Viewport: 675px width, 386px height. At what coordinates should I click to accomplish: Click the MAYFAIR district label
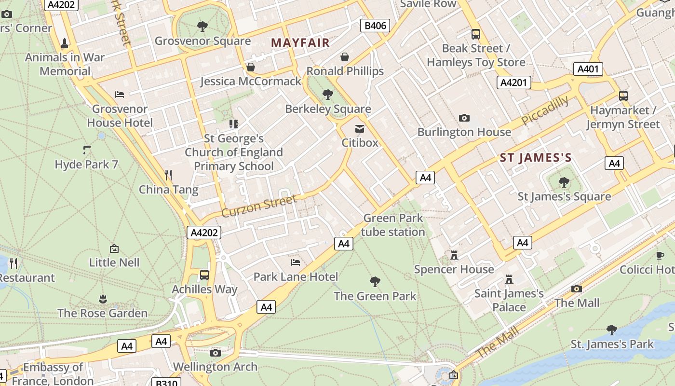(300, 42)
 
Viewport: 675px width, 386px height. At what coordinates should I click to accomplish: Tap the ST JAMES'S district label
(535, 158)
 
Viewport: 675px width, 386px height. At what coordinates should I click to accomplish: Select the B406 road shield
(375, 26)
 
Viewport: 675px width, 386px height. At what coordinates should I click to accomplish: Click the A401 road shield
(588, 69)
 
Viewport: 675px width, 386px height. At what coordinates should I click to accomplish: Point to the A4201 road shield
(513, 83)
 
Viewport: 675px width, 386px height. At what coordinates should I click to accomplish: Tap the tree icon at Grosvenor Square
(202, 26)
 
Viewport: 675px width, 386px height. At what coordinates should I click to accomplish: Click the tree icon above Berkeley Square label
(328, 94)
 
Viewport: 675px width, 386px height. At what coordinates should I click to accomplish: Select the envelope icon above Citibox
(360, 128)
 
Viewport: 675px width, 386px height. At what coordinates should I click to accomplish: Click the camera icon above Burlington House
(464, 118)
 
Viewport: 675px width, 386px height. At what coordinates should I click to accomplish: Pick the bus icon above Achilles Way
(204, 275)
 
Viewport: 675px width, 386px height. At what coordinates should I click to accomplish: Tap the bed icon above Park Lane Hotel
(296, 262)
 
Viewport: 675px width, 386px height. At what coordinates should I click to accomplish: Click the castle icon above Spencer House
(454, 255)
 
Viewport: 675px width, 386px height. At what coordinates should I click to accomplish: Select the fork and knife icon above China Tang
(168, 175)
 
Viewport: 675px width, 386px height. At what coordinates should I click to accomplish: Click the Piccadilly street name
(545, 111)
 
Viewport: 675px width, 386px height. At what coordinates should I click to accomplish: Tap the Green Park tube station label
(393, 225)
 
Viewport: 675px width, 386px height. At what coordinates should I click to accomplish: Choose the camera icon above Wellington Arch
(216, 353)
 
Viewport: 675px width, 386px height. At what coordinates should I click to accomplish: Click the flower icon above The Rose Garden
(102, 299)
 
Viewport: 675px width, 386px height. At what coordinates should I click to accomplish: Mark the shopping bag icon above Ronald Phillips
(345, 57)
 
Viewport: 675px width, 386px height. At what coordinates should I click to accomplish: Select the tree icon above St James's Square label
(564, 182)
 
